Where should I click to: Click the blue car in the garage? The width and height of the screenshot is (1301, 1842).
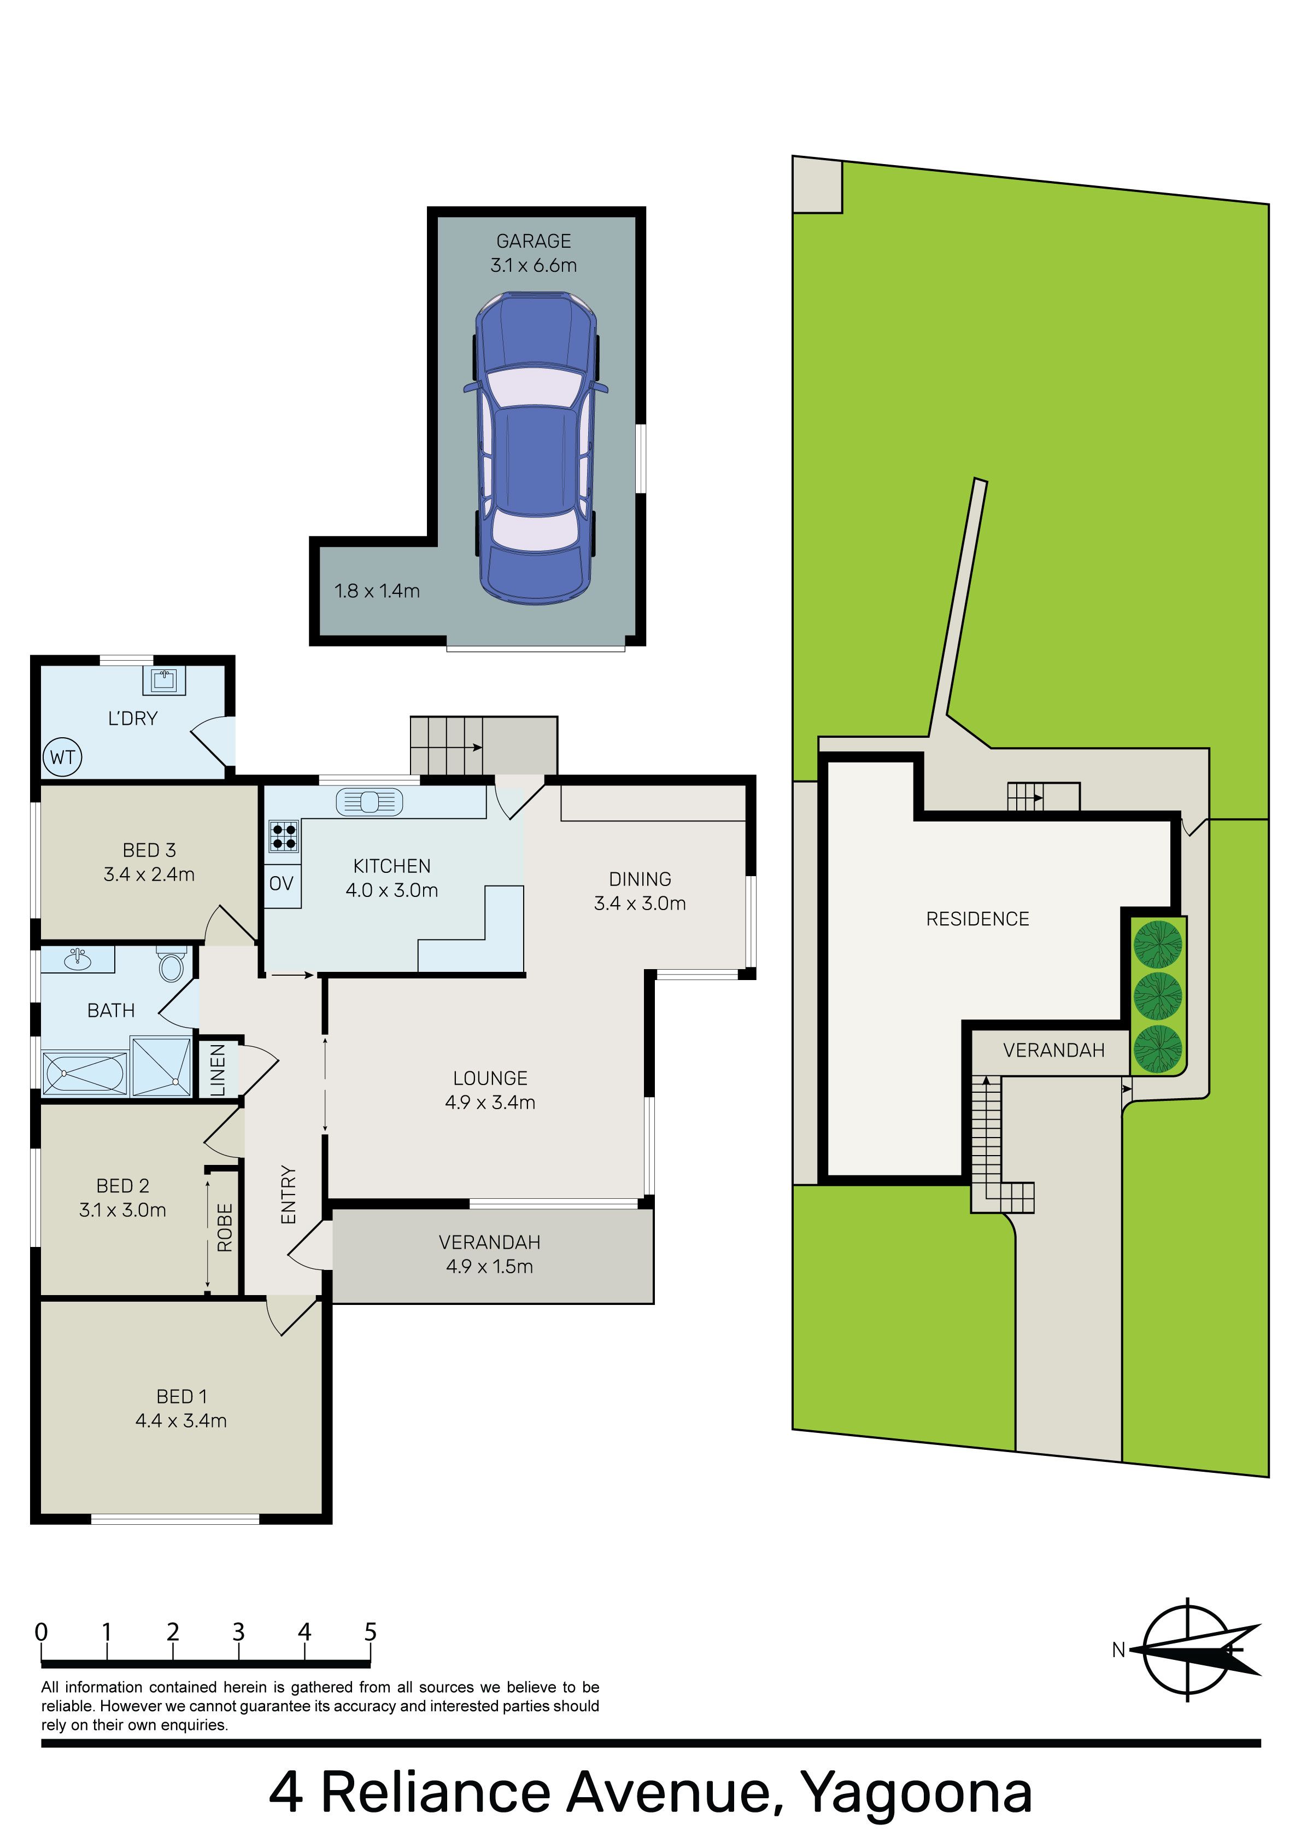point(536,448)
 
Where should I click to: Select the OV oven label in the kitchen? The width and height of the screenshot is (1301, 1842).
point(282,883)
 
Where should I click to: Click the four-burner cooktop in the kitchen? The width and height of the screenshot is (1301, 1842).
point(284,836)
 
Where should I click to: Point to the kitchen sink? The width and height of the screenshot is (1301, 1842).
point(369,801)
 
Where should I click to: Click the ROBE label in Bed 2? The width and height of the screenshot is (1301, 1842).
point(225,1227)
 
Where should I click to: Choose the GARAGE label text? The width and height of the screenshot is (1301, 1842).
point(534,242)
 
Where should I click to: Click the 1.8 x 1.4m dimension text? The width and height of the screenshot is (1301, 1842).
point(377,591)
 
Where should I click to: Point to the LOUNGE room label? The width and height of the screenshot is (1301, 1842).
point(490,1079)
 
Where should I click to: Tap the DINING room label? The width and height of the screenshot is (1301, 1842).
point(640,879)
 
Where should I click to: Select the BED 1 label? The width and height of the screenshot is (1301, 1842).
point(181,1397)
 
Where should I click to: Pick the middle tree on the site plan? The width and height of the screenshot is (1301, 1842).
point(1157,995)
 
